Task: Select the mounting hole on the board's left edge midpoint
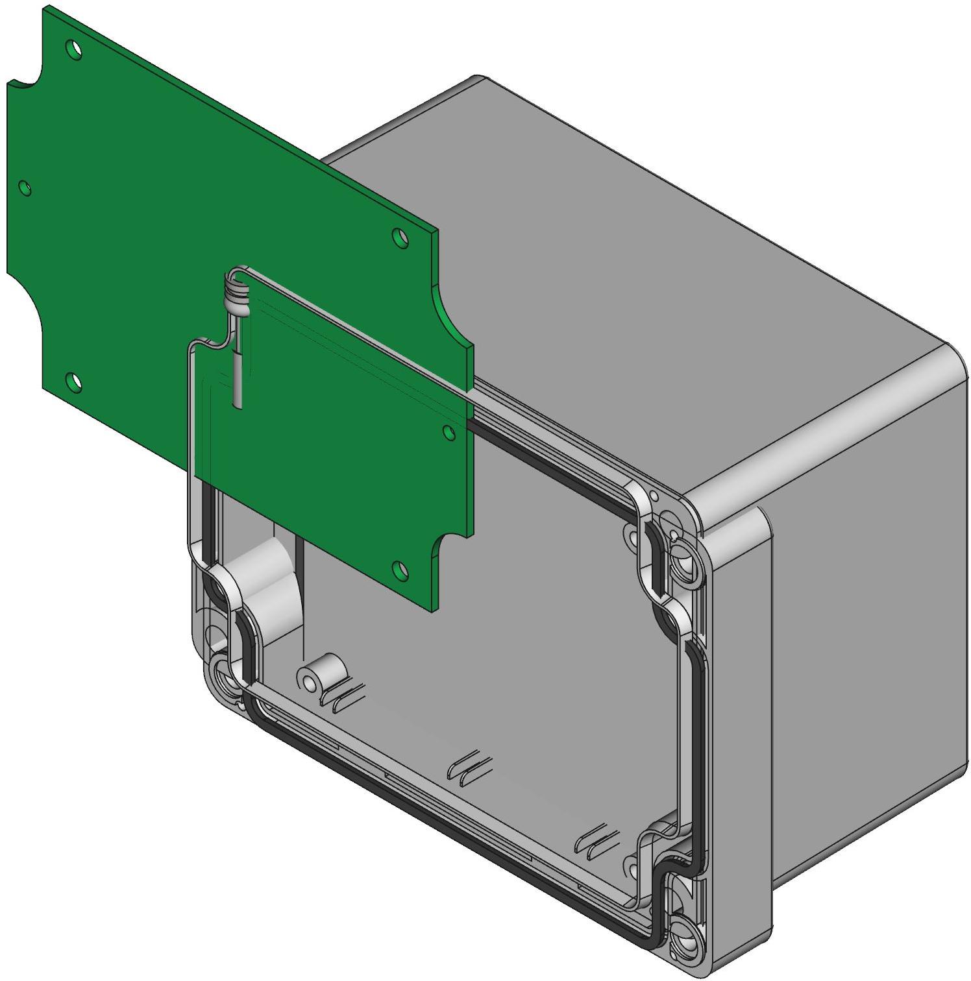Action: [x=25, y=188]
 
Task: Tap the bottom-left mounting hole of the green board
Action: [x=74, y=382]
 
